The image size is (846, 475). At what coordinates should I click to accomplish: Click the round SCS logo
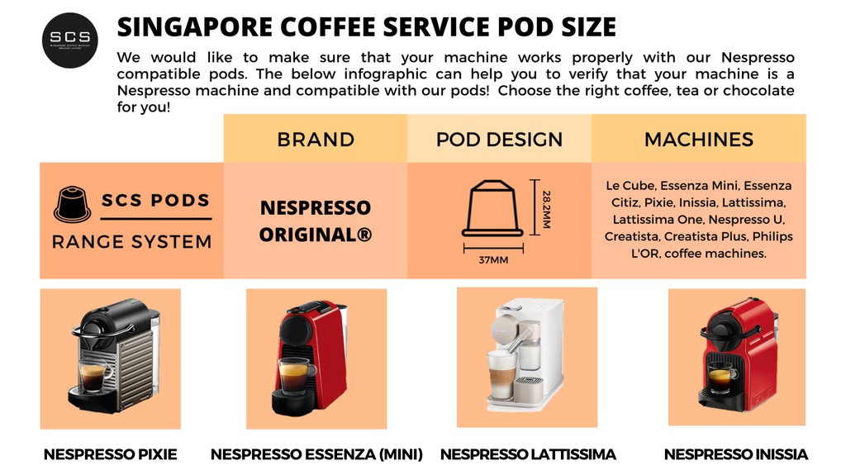pyautogui.click(x=70, y=38)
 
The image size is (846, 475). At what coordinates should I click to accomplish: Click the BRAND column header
pyautogui.click(x=316, y=140)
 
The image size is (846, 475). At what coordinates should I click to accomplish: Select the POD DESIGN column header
pyautogui.click(x=499, y=140)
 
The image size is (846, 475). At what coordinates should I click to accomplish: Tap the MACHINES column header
pyautogui.click(x=699, y=140)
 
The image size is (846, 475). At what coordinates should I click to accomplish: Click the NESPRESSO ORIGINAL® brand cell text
pyautogui.click(x=316, y=221)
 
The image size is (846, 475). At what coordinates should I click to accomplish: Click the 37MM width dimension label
pyautogui.click(x=493, y=260)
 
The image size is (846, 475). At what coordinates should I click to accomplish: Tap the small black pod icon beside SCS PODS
pyautogui.click(x=71, y=203)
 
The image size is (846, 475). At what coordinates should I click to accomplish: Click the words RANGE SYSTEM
pyautogui.click(x=132, y=242)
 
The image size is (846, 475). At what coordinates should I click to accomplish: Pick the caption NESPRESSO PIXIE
pyautogui.click(x=110, y=454)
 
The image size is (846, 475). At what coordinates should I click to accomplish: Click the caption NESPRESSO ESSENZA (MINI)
pyautogui.click(x=316, y=454)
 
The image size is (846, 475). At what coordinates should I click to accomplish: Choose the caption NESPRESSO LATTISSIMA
pyautogui.click(x=528, y=454)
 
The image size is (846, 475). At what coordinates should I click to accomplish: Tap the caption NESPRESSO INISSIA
pyautogui.click(x=736, y=454)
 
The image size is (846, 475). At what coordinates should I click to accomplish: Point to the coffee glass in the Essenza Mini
pyautogui.click(x=292, y=377)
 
